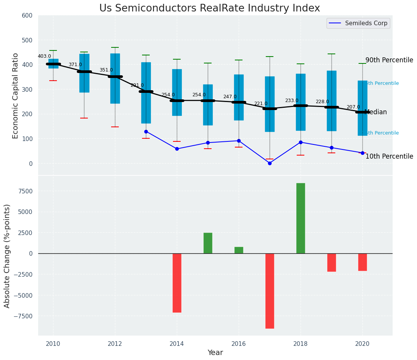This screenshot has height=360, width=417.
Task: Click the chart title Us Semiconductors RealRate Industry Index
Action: click(210, 8)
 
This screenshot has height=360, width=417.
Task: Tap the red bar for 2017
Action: click(270, 291)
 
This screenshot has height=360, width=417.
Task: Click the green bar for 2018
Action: click(301, 218)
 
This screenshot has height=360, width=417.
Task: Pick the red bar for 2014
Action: click(177, 283)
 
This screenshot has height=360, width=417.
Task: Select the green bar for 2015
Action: click(208, 243)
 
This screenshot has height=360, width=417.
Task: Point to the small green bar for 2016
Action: click(239, 250)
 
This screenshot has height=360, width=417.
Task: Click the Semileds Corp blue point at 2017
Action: click(270, 163)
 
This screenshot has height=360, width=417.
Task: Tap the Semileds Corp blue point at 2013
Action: click(146, 131)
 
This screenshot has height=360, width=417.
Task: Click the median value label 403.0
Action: click(44, 56)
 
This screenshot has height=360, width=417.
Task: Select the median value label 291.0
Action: click(137, 85)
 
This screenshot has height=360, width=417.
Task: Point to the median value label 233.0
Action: click(292, 101)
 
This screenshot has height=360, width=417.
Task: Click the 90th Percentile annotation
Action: click(389, 60)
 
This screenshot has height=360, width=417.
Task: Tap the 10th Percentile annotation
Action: click(389, 156)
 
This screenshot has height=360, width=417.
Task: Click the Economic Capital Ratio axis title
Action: click(16, 96)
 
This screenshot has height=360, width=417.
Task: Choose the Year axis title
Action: click(215, 353)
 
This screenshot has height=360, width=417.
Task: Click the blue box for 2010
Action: click(53, 63)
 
